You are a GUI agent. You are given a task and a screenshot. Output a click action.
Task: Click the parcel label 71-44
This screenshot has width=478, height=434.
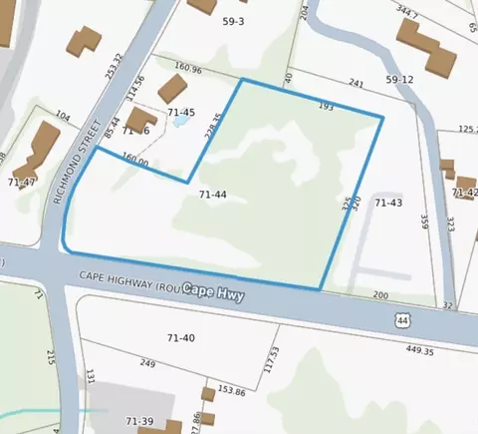(213, 195)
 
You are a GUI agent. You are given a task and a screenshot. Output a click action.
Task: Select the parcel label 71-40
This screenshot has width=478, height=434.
(180, 337)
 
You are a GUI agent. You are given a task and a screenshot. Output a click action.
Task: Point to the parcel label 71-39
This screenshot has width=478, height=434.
(138, 422)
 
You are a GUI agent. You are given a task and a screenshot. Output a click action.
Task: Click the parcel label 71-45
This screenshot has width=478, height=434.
(181, 113)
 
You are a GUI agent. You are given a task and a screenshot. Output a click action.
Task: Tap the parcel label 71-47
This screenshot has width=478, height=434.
(22, 182)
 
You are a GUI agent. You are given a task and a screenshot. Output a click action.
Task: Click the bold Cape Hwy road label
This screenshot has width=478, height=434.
(212, 292)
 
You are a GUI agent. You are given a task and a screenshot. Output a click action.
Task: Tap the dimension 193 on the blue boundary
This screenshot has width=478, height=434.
(325, 105)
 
